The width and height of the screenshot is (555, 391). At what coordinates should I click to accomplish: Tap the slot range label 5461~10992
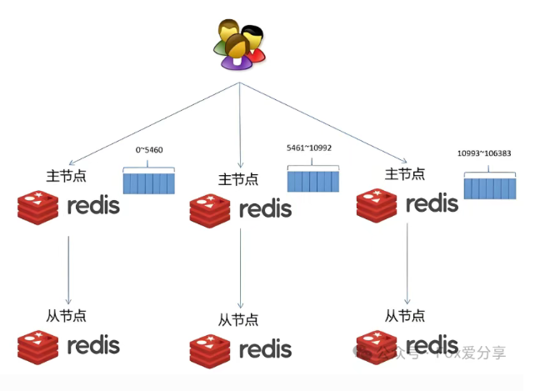click(x=308, y=147)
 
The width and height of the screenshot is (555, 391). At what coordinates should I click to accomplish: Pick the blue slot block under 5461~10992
click(x=313, y=178)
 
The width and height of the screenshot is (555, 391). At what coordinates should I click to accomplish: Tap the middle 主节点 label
click(x=238, y=179)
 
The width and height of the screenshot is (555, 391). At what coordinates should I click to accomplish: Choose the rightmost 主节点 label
click(x=405, y=174)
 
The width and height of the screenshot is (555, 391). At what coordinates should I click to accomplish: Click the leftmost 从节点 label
click(x=67, y=315)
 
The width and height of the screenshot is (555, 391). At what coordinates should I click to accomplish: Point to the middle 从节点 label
click(x=238, y=319)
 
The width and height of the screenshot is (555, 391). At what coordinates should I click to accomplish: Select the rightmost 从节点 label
click(x=405, y=315)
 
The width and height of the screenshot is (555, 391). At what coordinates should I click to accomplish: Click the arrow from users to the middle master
click(x=240, y=125)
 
